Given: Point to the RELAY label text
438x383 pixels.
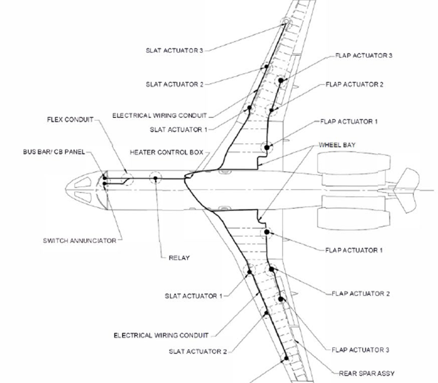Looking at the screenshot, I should point(179,258).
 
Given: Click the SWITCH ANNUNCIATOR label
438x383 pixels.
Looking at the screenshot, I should point(79,241).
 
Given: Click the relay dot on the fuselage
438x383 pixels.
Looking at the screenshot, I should point(155,179).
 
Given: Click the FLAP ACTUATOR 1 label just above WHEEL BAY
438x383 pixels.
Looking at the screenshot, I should point(348,121).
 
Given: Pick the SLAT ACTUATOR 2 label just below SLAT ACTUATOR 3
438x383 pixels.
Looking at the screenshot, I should point(174,84).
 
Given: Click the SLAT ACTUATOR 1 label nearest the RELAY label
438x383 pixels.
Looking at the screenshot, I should point(194,296).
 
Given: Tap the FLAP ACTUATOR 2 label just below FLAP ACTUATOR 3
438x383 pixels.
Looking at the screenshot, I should point(355,84).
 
